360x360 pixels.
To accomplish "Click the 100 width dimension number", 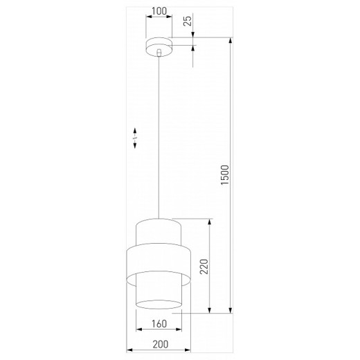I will (159, 11).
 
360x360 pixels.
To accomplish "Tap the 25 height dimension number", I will (187, 21).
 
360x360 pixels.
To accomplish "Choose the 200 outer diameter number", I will (159, 345).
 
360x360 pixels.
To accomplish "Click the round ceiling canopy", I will (159, 45).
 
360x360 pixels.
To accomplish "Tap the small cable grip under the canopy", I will (159, 53).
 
